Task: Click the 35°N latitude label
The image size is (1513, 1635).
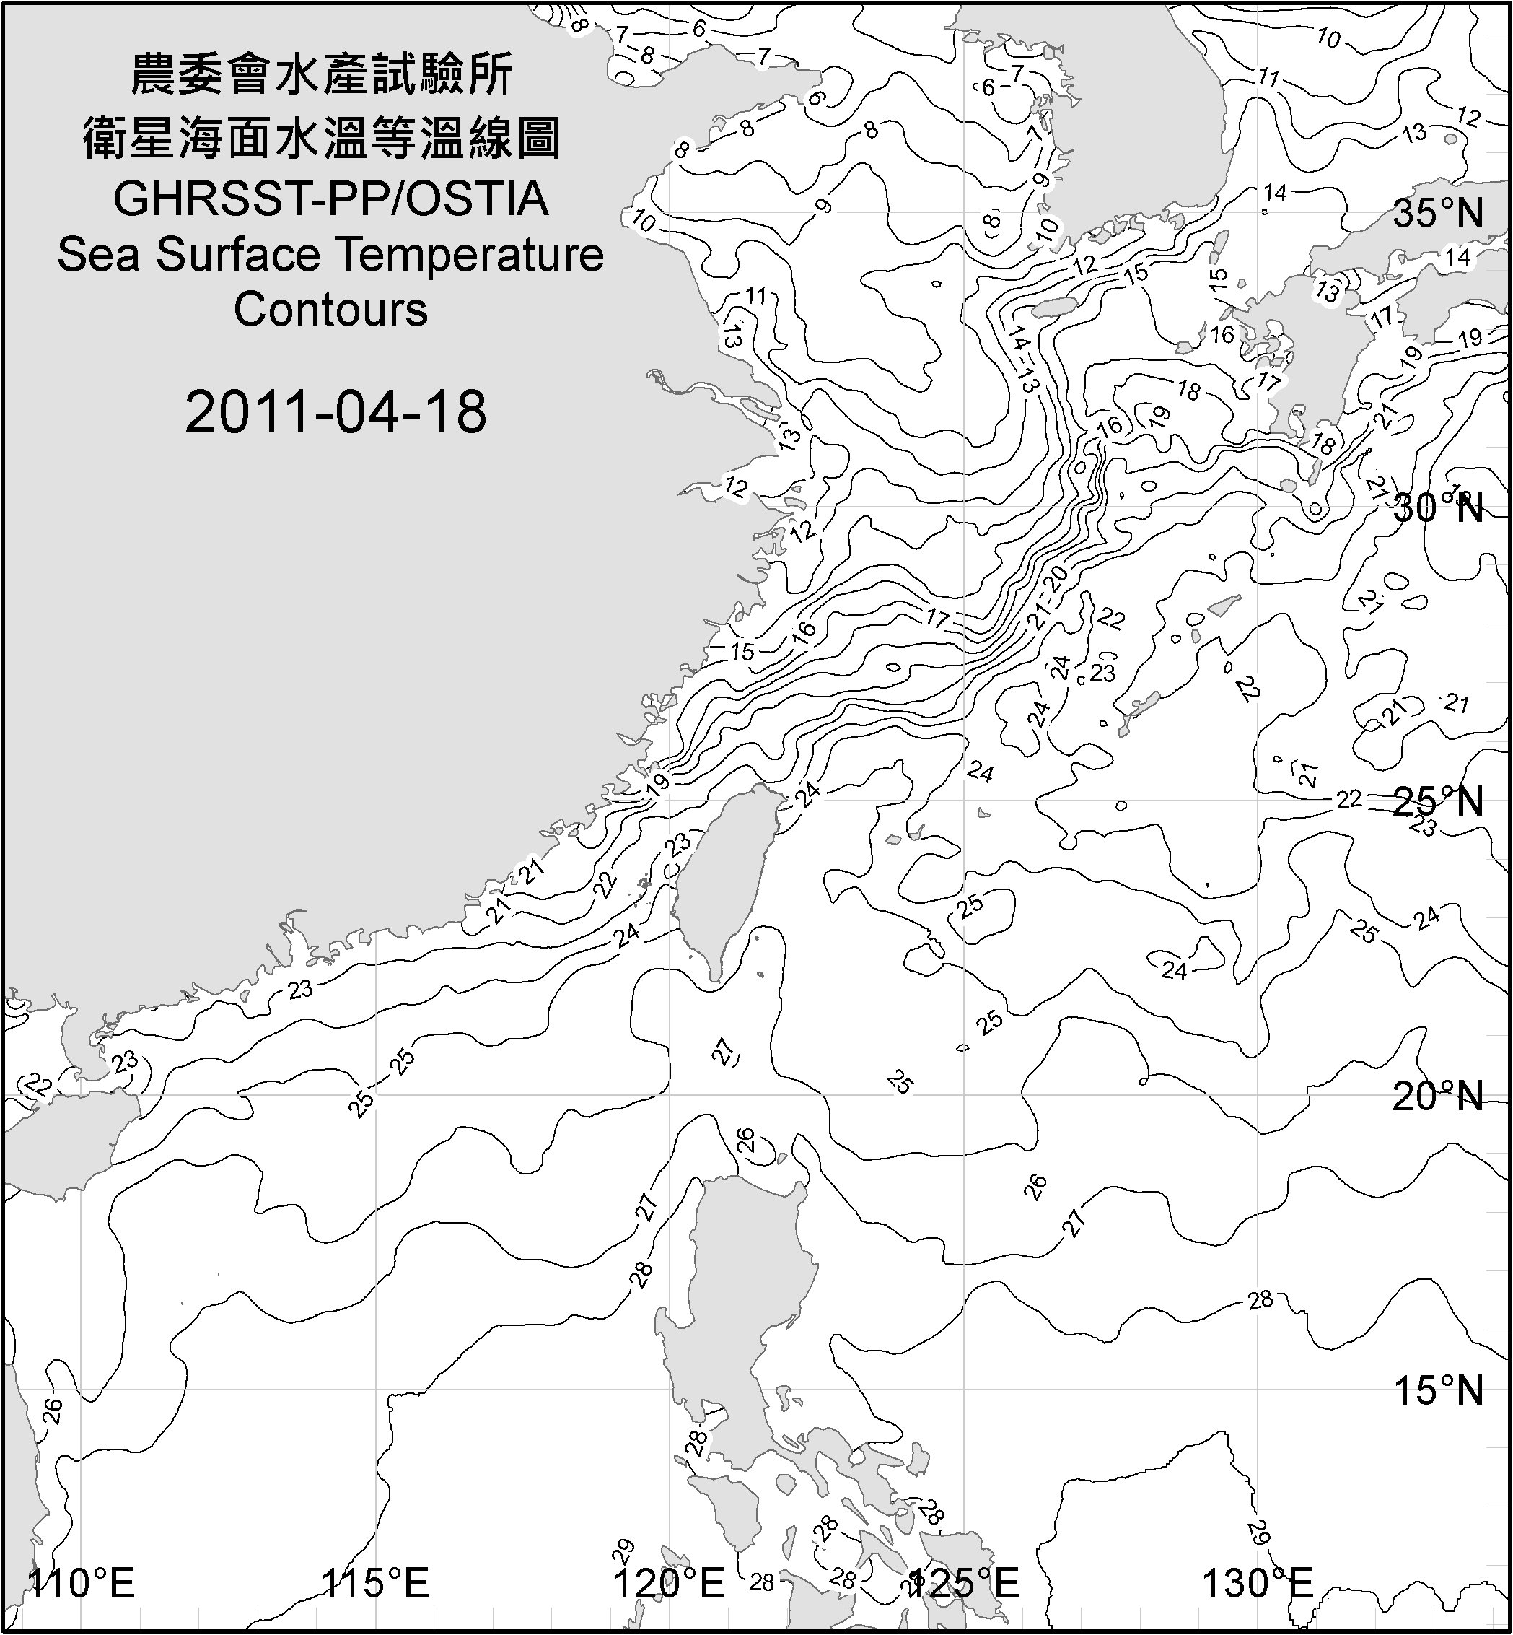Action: click(x=1439, y=213)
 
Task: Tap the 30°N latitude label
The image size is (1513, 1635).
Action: click(x=1439, y=509)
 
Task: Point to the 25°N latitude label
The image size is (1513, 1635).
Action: click(x=1439, y=801)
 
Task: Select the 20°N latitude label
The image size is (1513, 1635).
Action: click(x=1439, y=1096)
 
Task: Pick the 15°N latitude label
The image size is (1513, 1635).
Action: click(x=1439, y=1390)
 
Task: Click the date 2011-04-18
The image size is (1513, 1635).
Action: click(x=336, y=412)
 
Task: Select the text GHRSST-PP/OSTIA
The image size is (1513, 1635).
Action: click(x=330, y=199)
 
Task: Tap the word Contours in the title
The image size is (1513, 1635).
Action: click(x=330, y=310)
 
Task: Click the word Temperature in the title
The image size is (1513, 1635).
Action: click(x=470, y=255)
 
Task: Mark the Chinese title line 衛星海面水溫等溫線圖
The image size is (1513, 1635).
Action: click(x=322, y=137)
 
